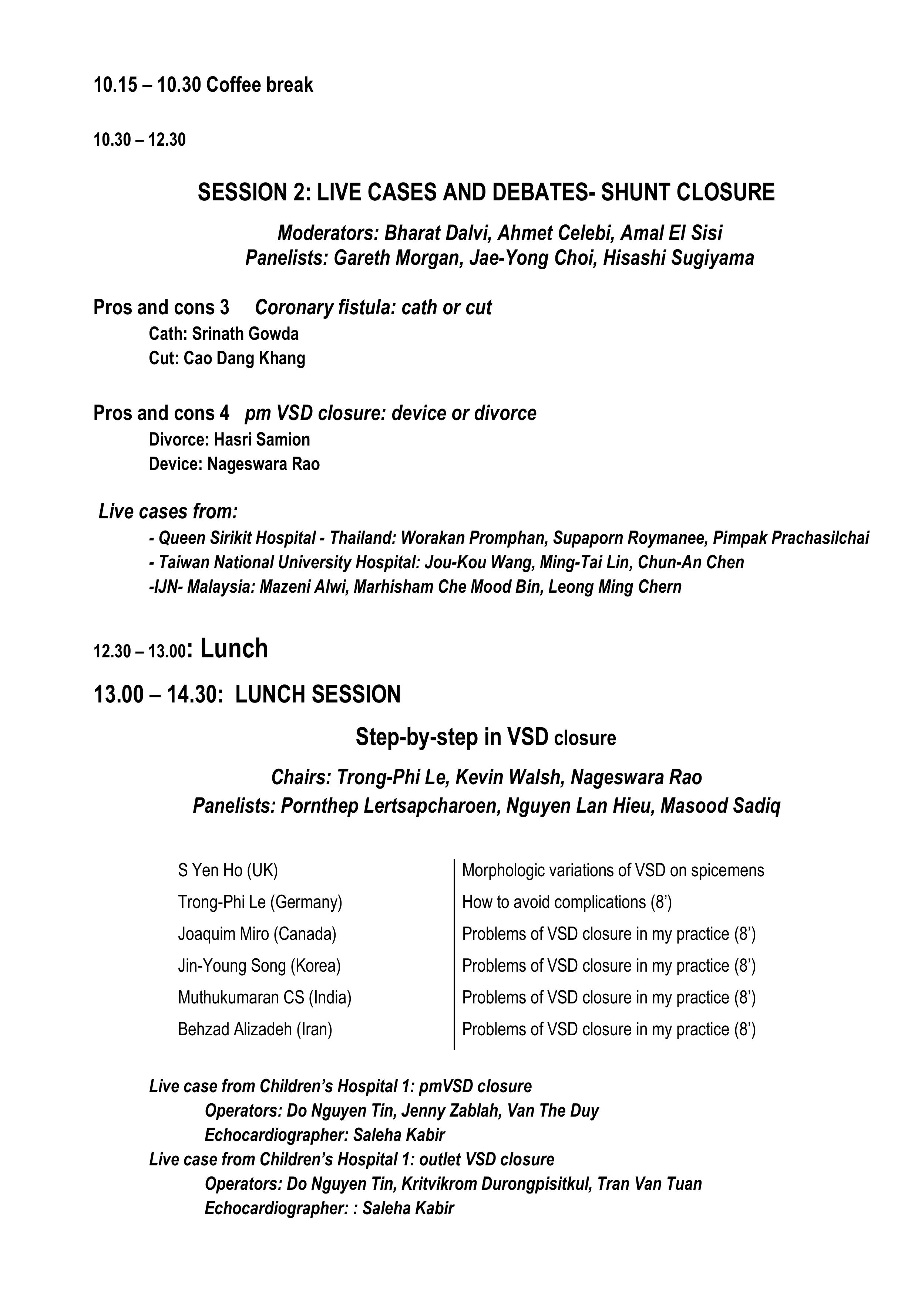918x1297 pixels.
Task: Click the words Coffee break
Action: coord(259,85)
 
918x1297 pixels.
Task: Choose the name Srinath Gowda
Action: coord(245,334)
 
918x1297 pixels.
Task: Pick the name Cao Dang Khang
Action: coord(244,358)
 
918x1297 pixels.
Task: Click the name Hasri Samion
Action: coord(262,440)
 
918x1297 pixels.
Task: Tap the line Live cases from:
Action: coord(168,512)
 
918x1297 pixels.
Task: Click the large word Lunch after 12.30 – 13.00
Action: coord(234,648)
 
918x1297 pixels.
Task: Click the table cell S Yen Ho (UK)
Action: coord(228,870)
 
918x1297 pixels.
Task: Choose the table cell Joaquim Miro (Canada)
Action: coord(257,934)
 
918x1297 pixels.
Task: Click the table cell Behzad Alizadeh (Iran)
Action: coord(255,1029)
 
